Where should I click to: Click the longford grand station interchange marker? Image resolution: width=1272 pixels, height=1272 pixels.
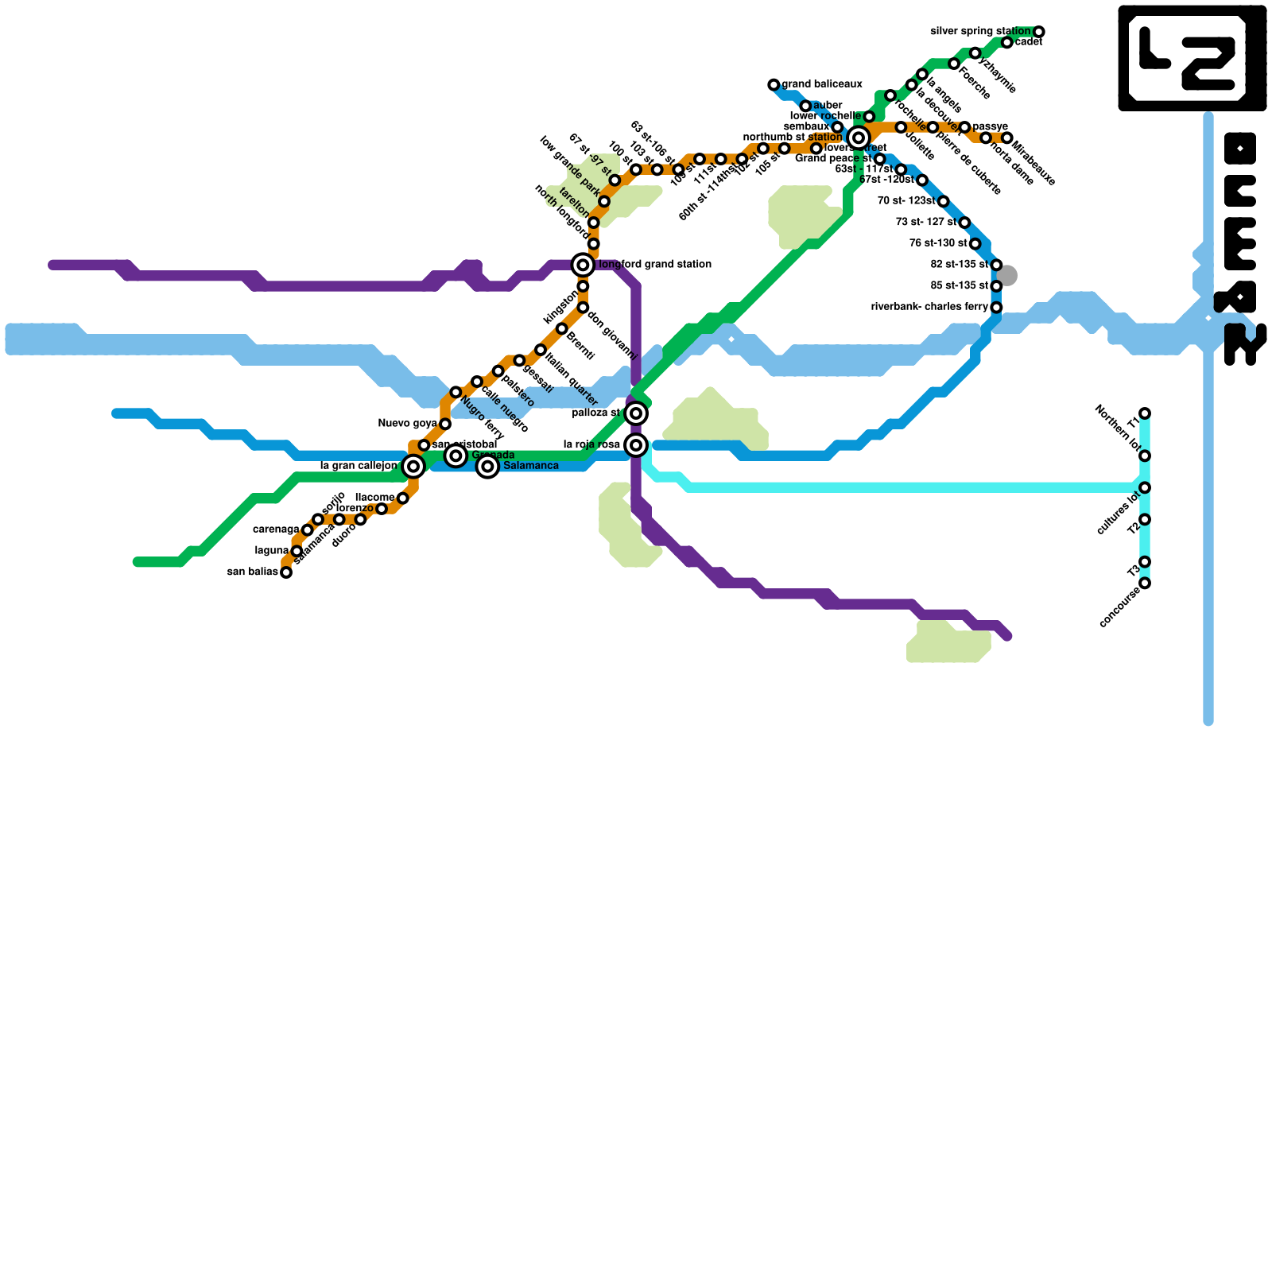(583, 265)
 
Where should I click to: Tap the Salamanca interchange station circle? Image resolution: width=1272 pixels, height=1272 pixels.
(487, 467)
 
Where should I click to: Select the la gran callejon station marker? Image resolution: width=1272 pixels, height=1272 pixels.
(413, 467)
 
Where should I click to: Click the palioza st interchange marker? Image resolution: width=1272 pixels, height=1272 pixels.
(635, 413)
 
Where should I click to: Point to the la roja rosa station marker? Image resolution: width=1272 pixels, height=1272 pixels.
(635, 445)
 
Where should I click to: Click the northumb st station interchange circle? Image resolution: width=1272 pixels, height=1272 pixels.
(858, 138)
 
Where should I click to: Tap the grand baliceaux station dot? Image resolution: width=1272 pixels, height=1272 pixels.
(774, 84)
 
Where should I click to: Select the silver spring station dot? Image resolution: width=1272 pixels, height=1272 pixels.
(1038, 32)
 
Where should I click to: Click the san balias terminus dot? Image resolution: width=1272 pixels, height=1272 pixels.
(286, 572)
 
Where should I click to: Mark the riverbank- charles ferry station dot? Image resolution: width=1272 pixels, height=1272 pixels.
(996, 308)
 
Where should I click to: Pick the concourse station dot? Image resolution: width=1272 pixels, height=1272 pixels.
(1145, 584)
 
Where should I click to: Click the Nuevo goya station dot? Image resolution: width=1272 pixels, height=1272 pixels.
(445, 425)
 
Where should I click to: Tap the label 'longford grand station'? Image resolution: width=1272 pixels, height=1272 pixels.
(654, 265)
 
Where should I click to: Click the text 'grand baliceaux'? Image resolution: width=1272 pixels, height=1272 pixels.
(822, 84)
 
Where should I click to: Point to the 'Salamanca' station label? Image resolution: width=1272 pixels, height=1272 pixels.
(531, 466)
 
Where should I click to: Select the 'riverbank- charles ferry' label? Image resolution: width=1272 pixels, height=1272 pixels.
(929, 307)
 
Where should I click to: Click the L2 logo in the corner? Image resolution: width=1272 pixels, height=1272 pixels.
(1192, 57)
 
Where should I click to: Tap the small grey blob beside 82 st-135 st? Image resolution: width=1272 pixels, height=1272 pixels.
(1007, 276)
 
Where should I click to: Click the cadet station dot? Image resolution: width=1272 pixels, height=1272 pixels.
(1006, 43)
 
